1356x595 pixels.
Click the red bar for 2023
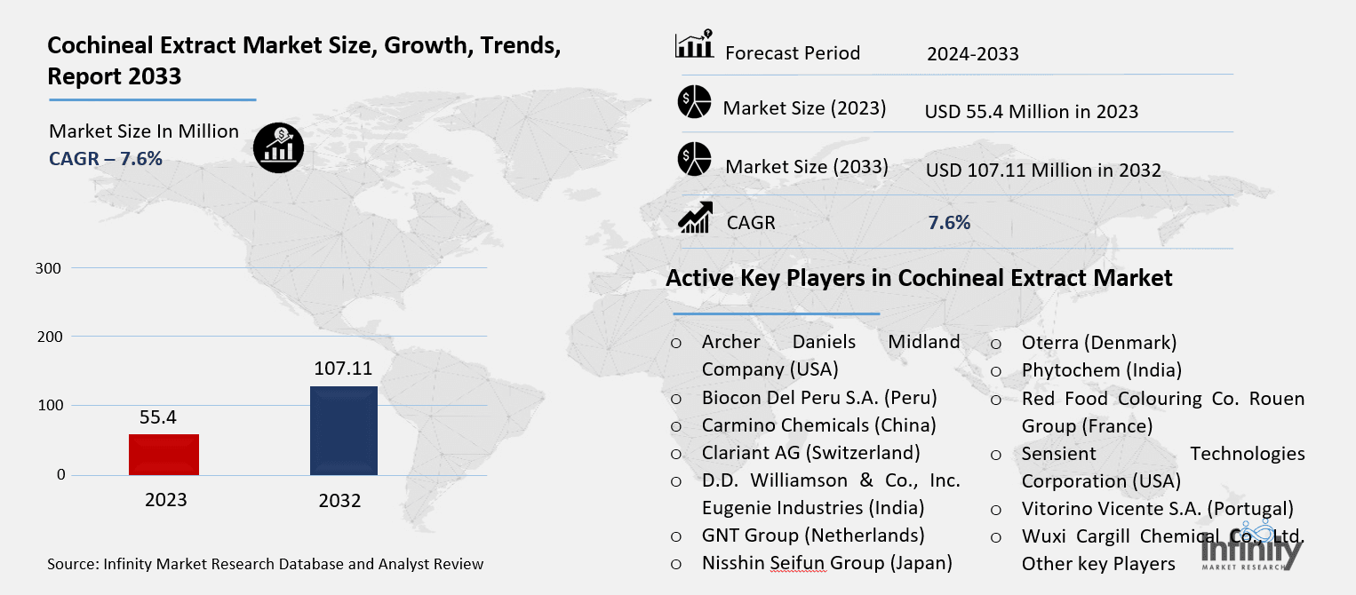pyautogui.click(x=164, y=454)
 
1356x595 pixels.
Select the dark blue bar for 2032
pyautogui.click(x=344, y=431)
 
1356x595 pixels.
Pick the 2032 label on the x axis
pyautogui.click(x=340, y=501)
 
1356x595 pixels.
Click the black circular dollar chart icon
pyautogui.click(x=278, y=147)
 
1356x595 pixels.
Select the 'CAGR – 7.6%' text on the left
pyautogui.click(x=106, y=159)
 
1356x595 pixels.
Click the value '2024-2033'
pyautogui.click(x=972, y=54)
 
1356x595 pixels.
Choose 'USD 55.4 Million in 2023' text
pyautogui.click(x=1032, y=112)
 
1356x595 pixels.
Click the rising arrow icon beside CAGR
pyautogui.click(x=694, y=218)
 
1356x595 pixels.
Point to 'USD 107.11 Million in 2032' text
pyautogui.click(x=1043, y=170)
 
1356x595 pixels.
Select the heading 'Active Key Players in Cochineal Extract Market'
pyautogui.click(x=919, y=278)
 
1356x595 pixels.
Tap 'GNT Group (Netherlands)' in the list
pyautogui.click(x=813, y=535)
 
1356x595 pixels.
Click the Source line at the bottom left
pyautogui.click(x=266, y=564)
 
